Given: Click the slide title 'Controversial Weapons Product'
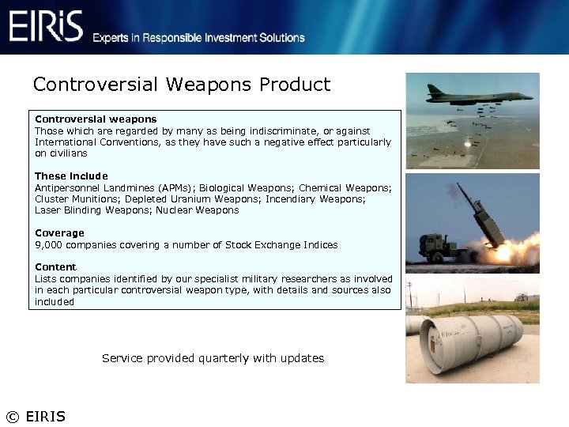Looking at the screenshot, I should pyautogui.click(x=182, y=85).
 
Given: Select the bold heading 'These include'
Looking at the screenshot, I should pyautogui.click(x=71, y=176).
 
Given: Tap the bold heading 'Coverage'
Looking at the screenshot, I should pyautogui.click(x=59, y=233).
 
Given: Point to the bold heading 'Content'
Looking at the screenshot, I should pyautogui.click(x=55, y=267).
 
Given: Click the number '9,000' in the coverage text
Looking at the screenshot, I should pyautogui.click(x=49, y=245).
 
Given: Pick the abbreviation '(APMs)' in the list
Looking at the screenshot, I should pyautogui.click(x=174, y=188).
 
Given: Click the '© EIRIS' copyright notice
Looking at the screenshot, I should pyautogui.click(x=36, y=417).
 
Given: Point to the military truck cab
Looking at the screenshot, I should pyautogui.click(x=435, y=245).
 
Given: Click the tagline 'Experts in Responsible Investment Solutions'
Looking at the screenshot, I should pyautogui.click(x=198, y=38).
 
